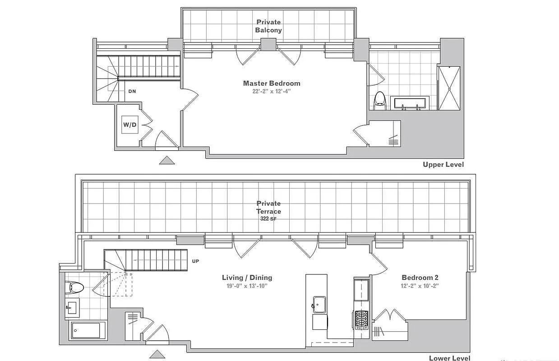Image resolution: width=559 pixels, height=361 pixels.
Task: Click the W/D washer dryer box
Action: pos(130,125)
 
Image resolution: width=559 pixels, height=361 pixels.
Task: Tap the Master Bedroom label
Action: pos(272,83)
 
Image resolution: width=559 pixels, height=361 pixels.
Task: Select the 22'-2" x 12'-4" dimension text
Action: pos(272,91)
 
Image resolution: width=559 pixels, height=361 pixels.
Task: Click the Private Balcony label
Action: pos(268,26)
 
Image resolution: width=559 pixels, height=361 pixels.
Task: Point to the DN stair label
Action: pos(132,91)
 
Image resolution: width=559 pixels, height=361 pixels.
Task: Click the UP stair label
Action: pos(195,261)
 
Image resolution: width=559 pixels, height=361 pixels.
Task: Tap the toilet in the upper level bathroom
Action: pos(380,101)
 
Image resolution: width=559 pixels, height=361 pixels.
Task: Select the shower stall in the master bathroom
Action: pos(449,88)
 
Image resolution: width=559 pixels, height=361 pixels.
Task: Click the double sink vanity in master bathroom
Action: pos(410,103)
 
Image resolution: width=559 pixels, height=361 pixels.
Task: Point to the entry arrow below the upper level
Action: pos(167,160)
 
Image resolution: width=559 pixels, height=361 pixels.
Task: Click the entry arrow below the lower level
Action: pos(157,354)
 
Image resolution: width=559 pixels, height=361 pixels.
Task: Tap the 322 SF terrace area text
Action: pos(268,219)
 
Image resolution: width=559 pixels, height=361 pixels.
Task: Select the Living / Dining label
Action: pos(247,278)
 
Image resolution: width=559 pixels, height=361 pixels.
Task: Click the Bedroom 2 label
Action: pos(420,278)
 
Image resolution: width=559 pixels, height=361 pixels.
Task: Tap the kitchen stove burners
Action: pos(361,320)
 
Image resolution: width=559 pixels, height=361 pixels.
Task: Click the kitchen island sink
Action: pos(319,305)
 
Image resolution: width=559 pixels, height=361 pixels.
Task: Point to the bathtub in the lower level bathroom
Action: pos(86,330)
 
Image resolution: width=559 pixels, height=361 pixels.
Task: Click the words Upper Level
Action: pos(443,165)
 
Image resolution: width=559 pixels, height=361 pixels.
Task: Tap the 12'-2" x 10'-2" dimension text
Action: pos(420,286)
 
